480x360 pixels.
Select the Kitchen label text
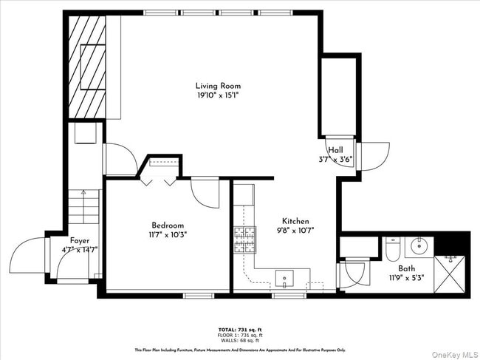tap(295, 221)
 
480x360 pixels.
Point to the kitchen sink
tap(284, 279)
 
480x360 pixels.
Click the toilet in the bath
tap(392, 250)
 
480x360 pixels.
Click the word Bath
tap(406, 269)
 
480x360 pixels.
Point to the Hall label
tap(336, 149)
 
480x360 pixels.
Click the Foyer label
tap(80, 241)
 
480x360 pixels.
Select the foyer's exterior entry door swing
tap(28, 255)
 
